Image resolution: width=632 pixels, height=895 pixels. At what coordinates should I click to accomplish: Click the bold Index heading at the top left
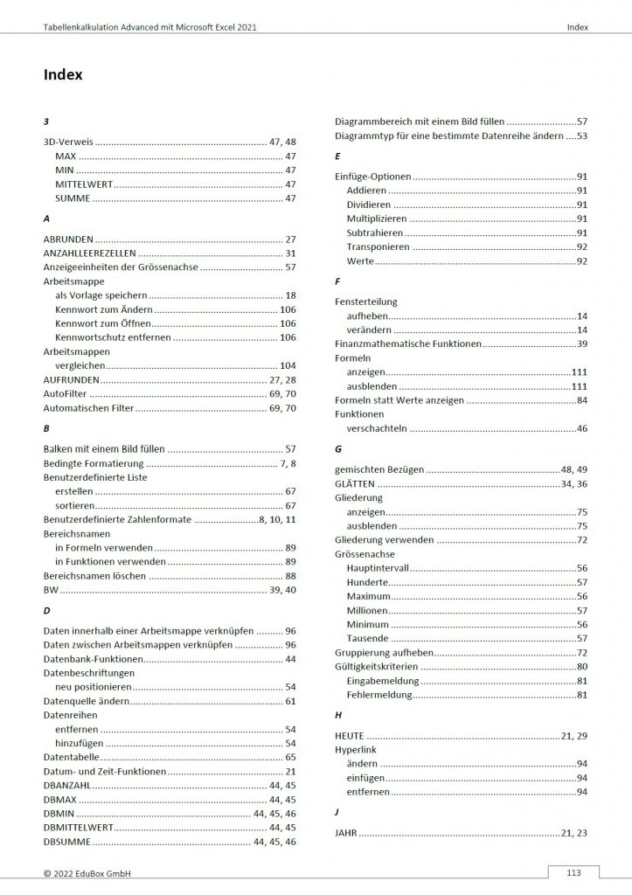pos(63,75)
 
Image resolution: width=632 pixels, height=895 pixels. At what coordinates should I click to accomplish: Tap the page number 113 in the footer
pos(573,872)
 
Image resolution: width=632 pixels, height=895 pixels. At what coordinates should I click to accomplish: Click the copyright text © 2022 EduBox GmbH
pos(87,873)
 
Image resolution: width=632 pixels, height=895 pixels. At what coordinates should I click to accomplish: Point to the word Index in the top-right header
pos(577,28)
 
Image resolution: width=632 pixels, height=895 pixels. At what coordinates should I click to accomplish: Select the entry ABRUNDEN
pos(68,239)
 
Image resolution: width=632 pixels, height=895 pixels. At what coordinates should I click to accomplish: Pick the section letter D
pos(46,609)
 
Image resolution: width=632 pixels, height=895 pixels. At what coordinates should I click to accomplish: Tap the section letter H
pos(338,714)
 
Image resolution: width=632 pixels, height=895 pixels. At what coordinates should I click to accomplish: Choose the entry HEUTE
pos(350,735)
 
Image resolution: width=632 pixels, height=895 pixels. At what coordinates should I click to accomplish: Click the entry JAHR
pos(346,833)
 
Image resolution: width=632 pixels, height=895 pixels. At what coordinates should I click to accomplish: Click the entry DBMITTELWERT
pos(78,827)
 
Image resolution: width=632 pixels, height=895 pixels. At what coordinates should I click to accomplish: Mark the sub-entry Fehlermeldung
pos(379,695)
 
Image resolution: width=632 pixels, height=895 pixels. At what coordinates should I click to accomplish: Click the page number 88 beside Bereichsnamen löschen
pos(290,576)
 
